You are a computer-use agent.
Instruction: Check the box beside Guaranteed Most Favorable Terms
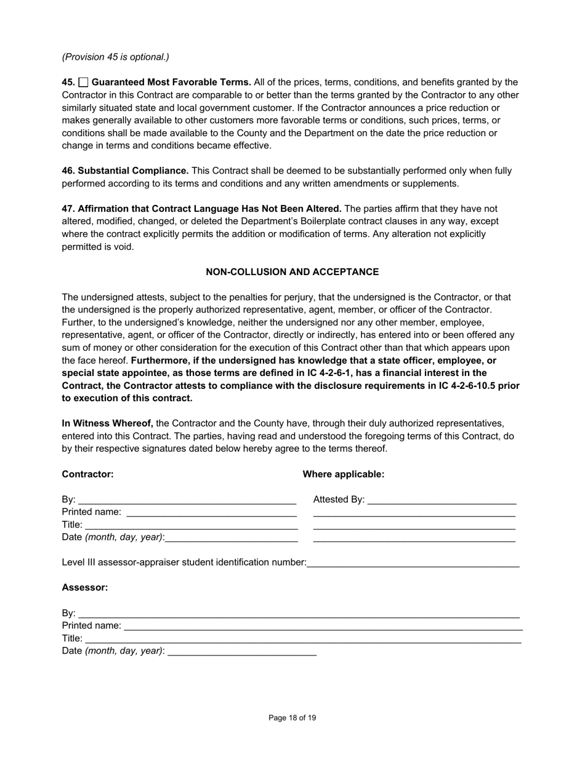pos(84,82)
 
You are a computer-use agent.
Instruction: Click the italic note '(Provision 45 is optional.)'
pos(115,57)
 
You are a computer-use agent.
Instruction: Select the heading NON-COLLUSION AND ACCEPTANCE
pos(292,271)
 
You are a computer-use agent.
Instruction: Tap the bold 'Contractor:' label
pos(87,474)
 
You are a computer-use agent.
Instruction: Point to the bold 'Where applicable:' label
pos(343,474)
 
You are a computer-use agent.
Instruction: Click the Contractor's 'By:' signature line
pos(187,500)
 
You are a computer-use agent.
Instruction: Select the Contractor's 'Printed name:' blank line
pos(211,512)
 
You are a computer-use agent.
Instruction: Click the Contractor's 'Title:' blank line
pos(191,525)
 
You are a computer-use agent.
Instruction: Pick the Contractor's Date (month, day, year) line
pos(232,537)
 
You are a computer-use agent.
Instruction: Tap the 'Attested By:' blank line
pos(442,500)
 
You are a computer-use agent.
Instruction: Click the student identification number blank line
pos(413,563)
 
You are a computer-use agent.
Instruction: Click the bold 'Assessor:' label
pos(84,587)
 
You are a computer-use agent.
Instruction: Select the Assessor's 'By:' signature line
pos(299,614)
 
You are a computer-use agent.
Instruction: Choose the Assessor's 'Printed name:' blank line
pos(323,626)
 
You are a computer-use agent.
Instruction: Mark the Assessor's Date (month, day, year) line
pos(241,651)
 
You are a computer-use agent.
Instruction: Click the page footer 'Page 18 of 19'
pos(292,718)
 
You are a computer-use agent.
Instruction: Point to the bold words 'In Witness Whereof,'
pos(107,423)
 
